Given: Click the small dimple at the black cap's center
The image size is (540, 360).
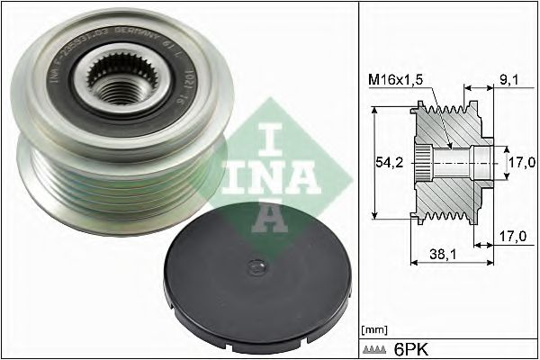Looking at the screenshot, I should pyautogui.click(x=256, y=266).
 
